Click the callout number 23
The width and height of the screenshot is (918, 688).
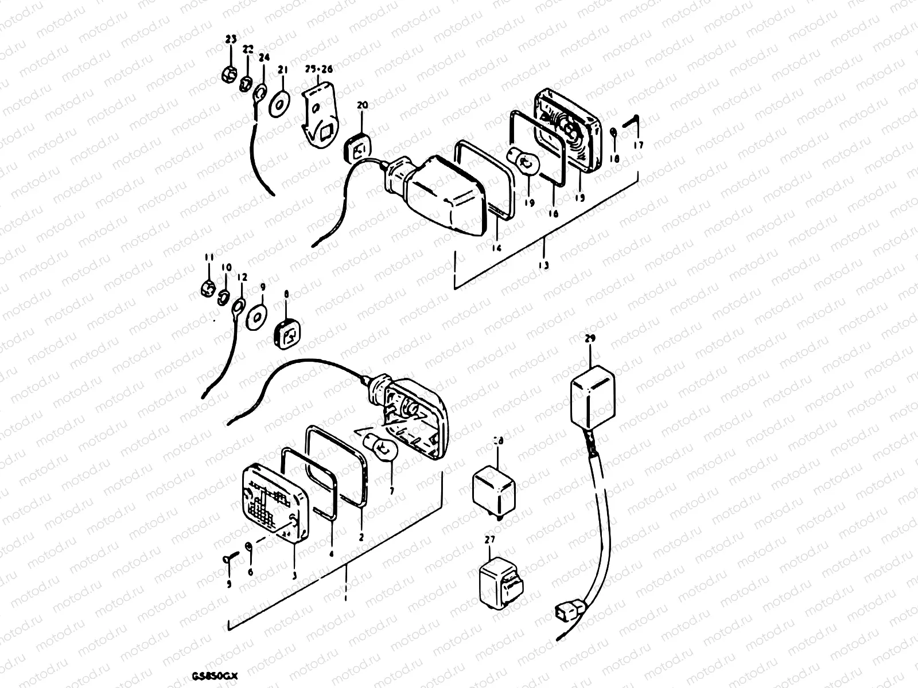(x=231, y=40)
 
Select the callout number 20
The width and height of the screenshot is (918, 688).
(x=362, y=105)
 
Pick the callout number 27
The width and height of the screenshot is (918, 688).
(x=489, y=540)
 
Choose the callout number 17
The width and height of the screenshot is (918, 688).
(x=639, y=146)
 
